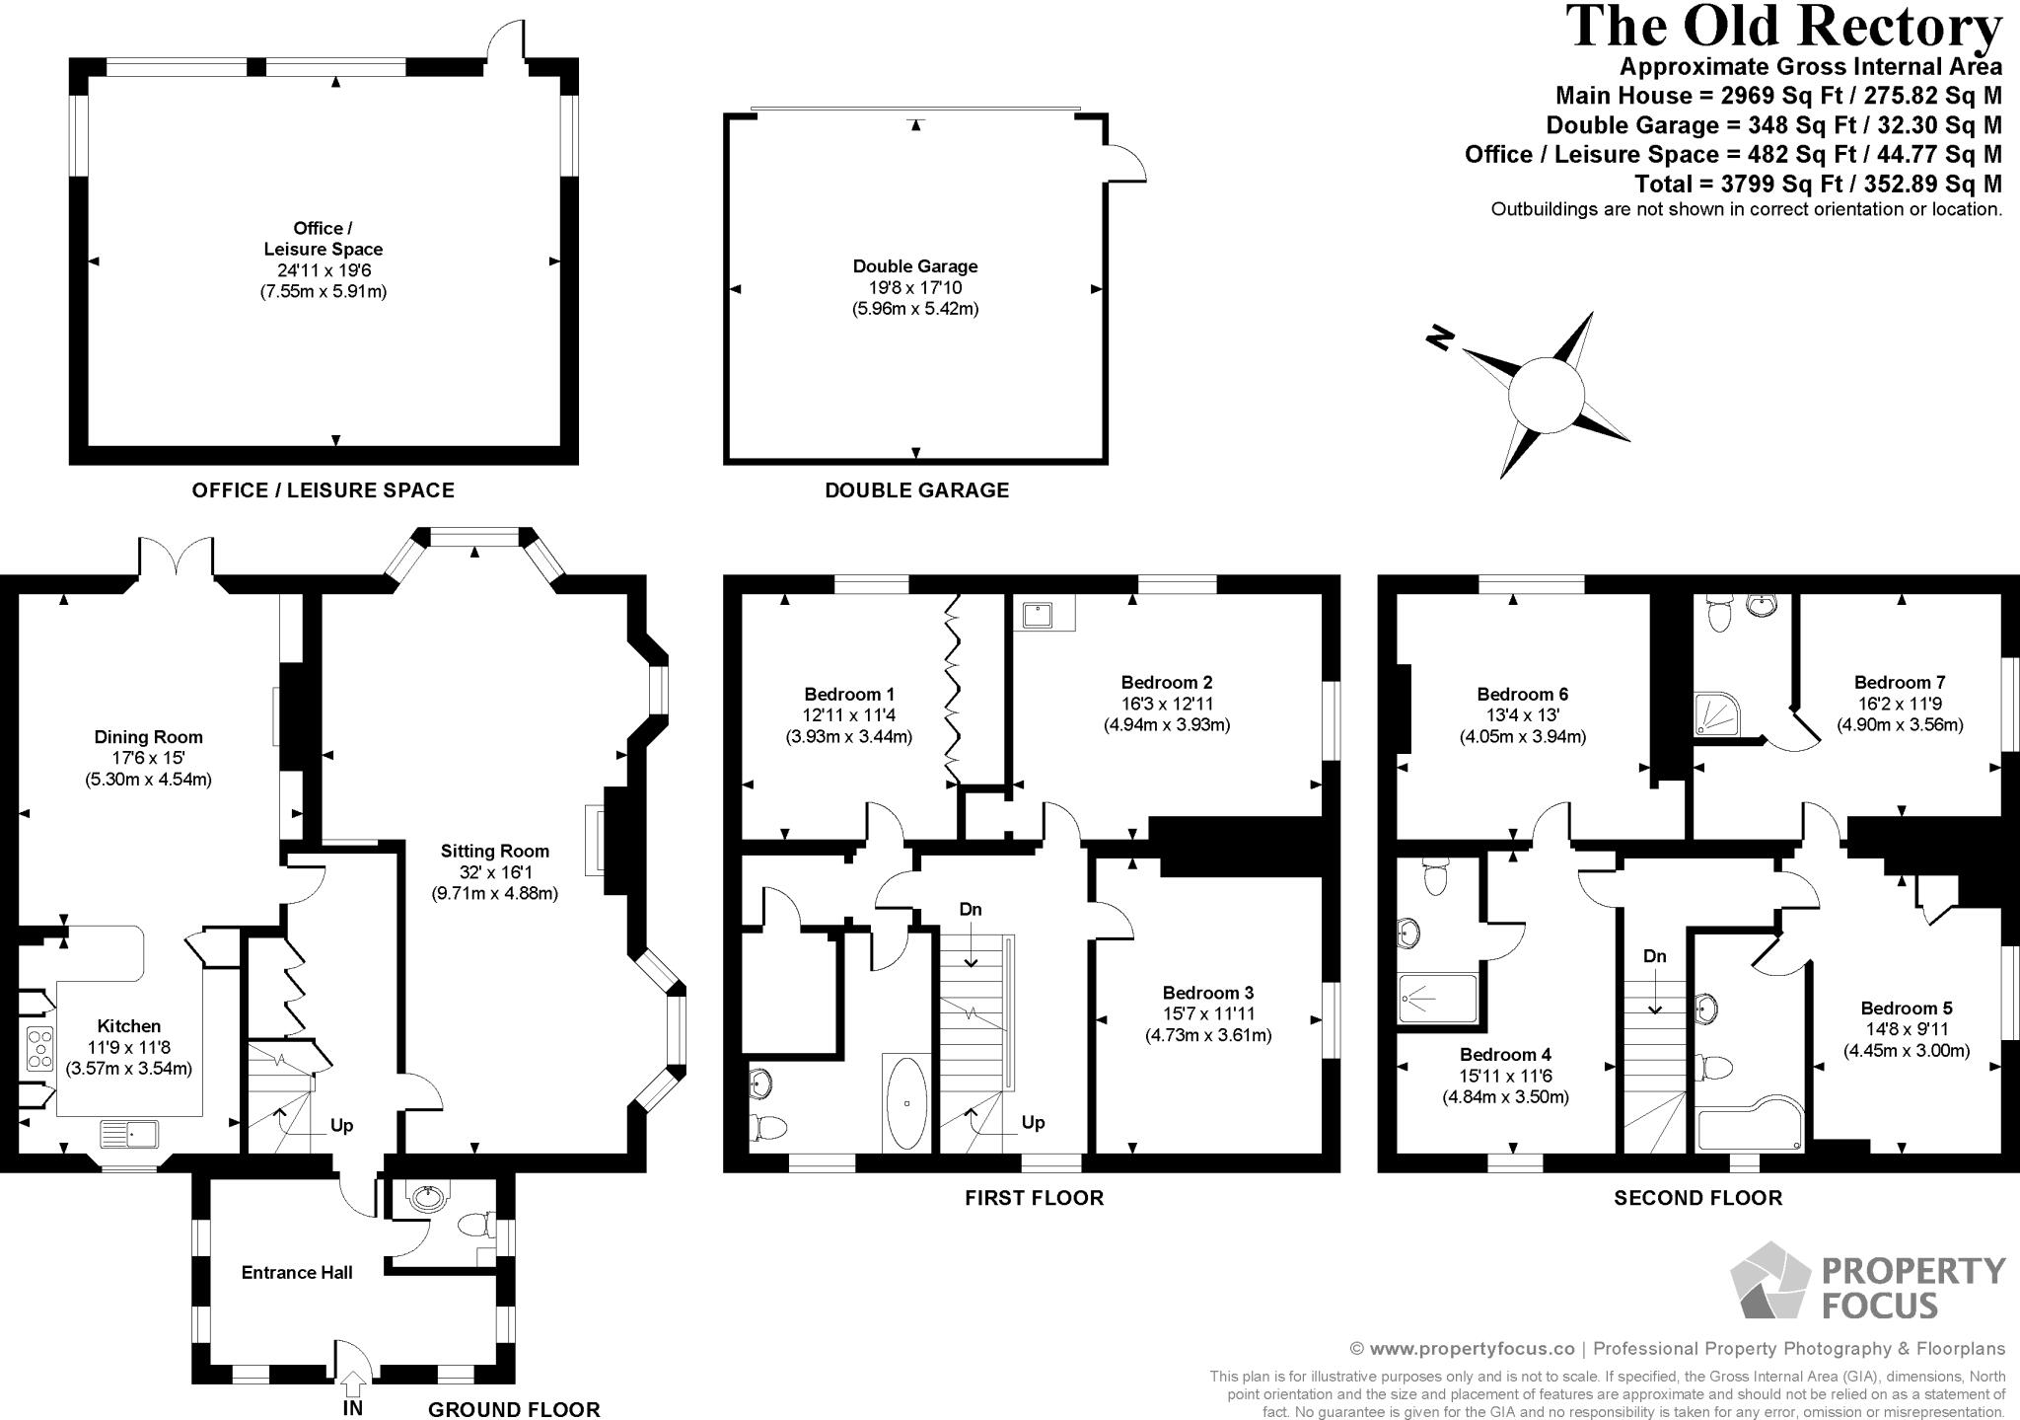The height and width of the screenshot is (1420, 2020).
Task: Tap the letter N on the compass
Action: click(1441, 338)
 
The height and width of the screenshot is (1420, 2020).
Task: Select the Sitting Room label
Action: click(494, 851)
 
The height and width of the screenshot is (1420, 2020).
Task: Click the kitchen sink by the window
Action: click(128, 1134)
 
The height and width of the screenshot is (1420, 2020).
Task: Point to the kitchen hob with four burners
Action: click(39, 1048)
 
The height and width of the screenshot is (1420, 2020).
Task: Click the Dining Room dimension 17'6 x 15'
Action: click(148, 758)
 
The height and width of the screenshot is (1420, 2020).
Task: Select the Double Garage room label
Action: click(915, 266)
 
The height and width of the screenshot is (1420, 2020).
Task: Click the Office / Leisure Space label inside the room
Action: click(323, 239)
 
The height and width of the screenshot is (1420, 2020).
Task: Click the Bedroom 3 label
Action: click(1207, 993)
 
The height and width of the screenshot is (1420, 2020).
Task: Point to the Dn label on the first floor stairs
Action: click(971, 909)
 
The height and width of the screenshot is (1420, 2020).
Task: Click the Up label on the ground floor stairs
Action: click(341, 1125)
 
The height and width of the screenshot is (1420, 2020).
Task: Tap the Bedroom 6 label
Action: click(1522, 694)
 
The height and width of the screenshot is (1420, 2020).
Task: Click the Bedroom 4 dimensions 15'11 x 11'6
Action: click(1505, 1076)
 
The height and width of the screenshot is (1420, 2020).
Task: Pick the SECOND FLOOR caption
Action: click(1697, 1198)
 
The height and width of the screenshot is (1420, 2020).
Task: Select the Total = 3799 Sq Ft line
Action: click(1817, 184)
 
